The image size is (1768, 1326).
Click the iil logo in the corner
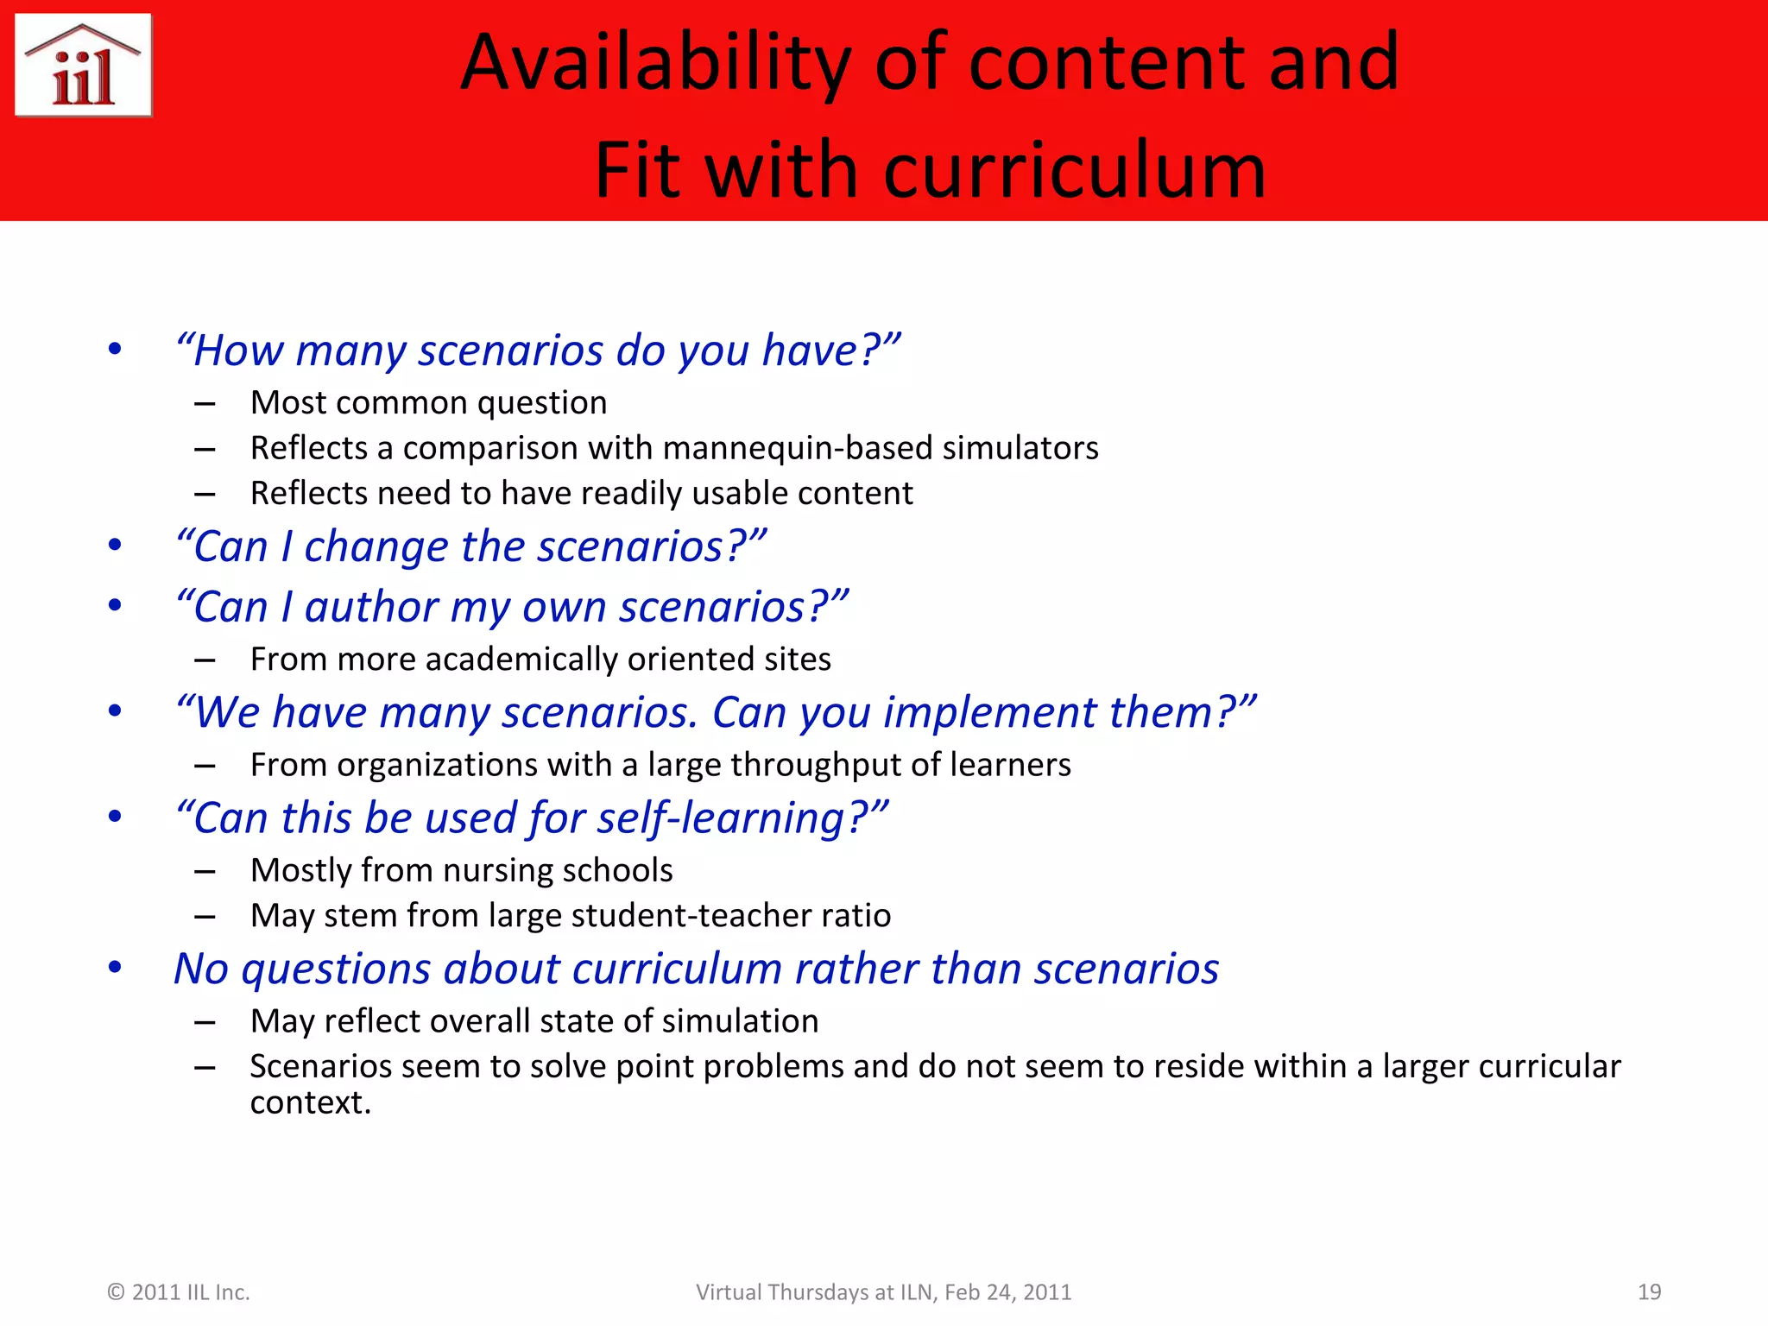(x=84, y=66)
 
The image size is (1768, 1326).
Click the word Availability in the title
(x=655, y=62)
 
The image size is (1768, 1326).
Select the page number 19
(x=1649, y=1291)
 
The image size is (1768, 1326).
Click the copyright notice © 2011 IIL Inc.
(x=178, y=1291)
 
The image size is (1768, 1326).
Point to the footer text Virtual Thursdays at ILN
(x=817, y=1291)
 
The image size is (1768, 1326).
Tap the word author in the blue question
(x=371, y=607)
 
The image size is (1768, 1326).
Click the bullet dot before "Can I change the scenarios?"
(x=115, y=546)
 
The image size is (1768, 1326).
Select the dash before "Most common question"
(x=205, y=403)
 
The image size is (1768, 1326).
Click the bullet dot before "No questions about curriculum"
(x=115, y=968)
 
